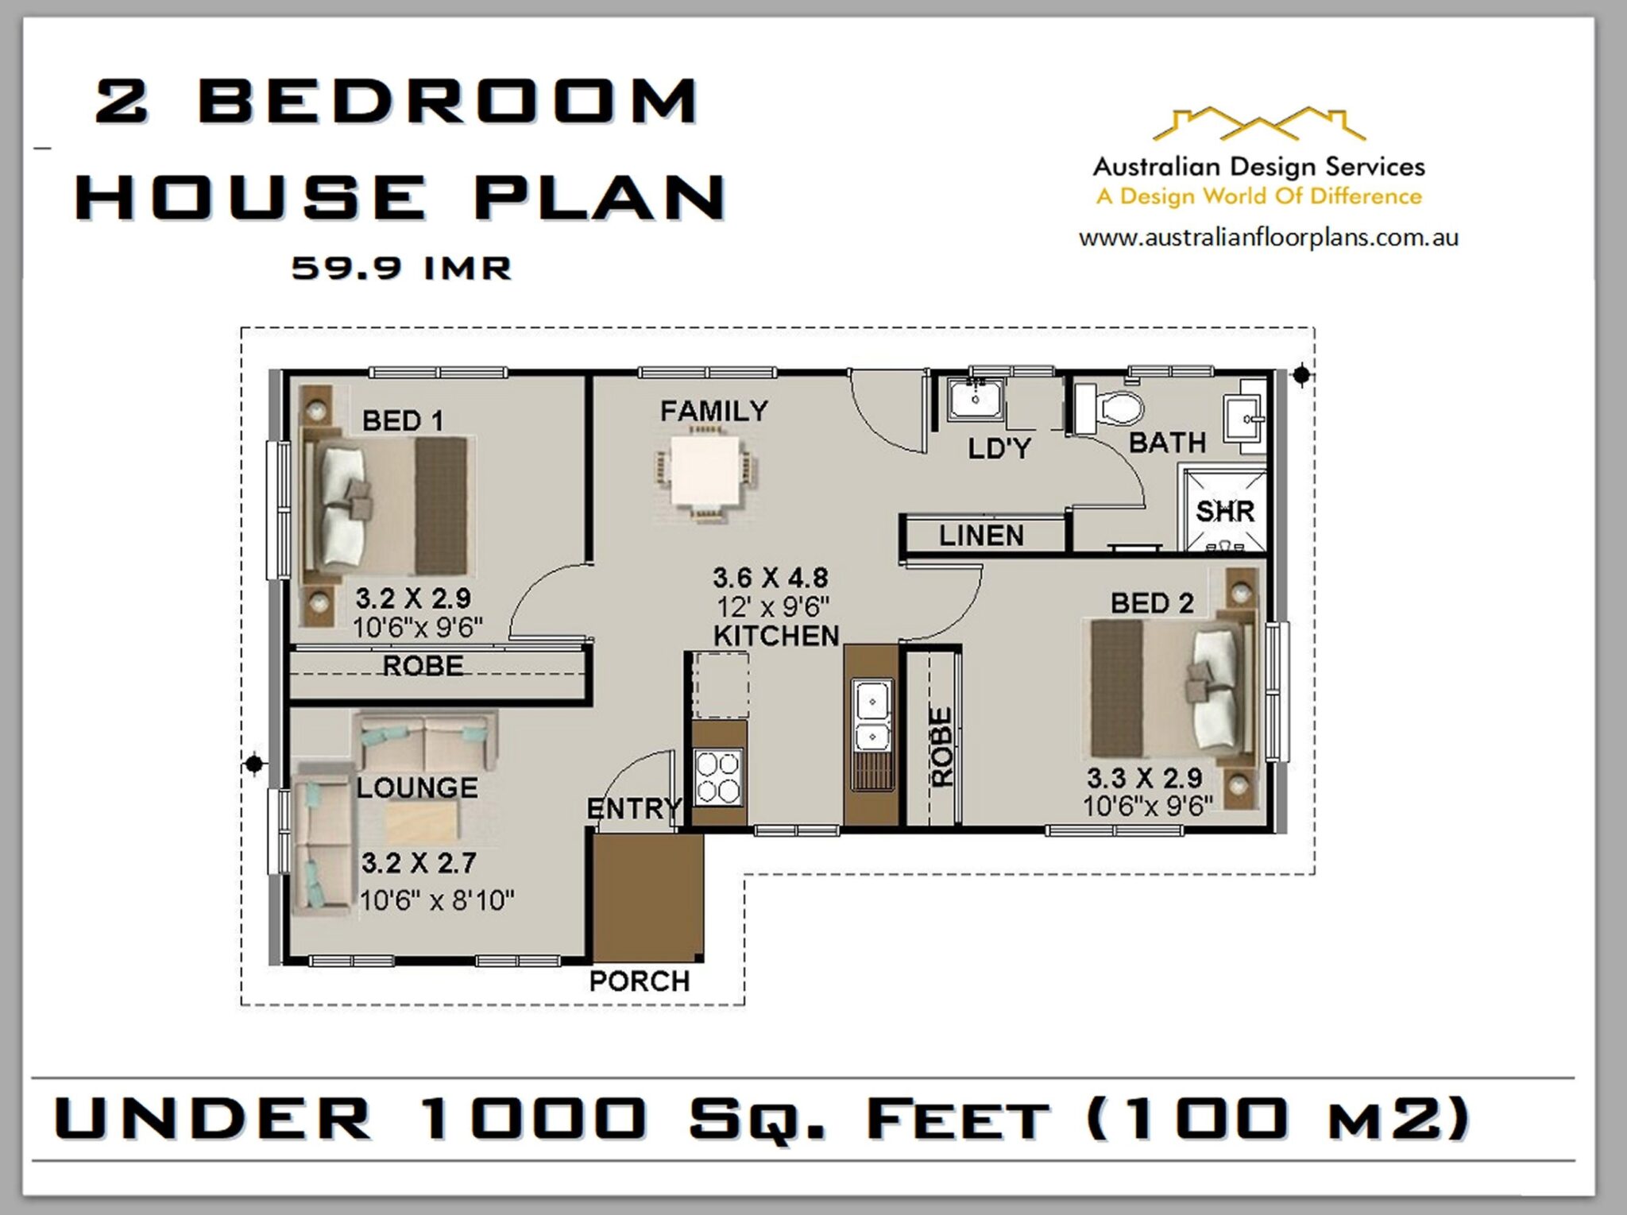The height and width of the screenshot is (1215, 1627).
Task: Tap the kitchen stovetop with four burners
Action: [x=718, y=777]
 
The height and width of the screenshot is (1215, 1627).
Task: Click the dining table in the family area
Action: [x=706, y=472]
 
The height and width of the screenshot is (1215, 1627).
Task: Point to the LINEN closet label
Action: [x=981, y=536]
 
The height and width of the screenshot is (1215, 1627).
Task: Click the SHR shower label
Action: [x=1225, y=512]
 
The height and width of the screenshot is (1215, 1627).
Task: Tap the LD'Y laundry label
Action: [x=999, y=449]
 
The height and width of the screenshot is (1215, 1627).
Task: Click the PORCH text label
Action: [x=640, y=981]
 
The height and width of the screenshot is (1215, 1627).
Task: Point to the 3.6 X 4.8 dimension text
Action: [x=770, y=578]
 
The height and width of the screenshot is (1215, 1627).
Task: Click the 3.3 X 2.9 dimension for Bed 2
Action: [x=1144, y=777]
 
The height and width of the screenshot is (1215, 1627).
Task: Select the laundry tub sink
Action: [x=976, y=400]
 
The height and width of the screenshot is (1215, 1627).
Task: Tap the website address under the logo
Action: [x=1268, y=238]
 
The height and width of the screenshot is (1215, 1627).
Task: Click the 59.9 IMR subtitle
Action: [x=401, y=268]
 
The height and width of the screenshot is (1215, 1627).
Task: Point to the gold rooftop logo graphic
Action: [x=1258, y=126]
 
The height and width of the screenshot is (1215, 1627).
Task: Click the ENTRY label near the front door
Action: [x=633, y=809]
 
